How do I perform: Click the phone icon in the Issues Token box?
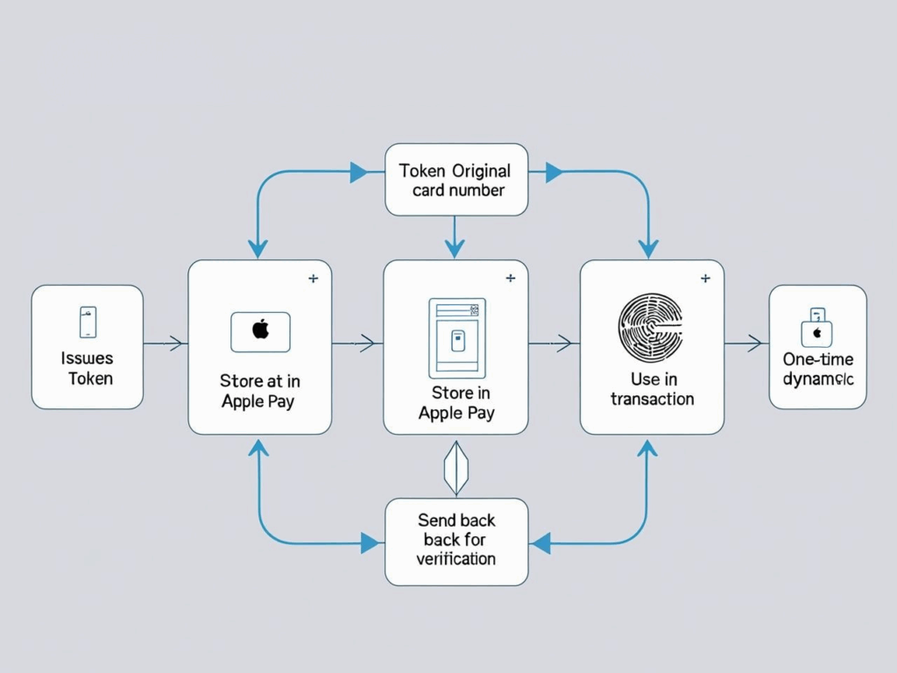point(88,322)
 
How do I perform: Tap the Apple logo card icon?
point(259,332)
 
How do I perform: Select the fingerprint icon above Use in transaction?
point(652,326)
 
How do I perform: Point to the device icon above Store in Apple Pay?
point(456,338)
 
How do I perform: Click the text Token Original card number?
point(456,180)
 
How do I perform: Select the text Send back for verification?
point(456,540)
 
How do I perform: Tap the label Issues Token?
point(88,368)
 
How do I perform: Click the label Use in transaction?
point(652,389)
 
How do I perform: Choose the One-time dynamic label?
point(817,369)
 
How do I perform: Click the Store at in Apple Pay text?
point(259,392)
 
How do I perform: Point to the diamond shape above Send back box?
point(456,467)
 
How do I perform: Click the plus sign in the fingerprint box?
point(704,279)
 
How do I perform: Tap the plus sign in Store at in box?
point(313,279)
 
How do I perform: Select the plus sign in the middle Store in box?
point(510,279)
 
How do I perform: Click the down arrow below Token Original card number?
point(455,247)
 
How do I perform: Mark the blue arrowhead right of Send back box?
point(541,543)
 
